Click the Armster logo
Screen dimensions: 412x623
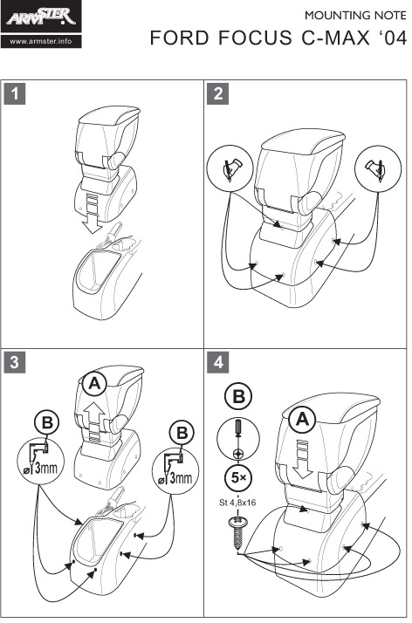41,17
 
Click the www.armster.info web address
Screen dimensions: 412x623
41,41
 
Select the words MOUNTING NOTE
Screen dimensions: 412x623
355,16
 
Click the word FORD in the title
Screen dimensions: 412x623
179,38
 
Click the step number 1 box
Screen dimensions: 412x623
15,93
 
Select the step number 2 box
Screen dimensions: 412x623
217,93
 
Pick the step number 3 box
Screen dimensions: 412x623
15,362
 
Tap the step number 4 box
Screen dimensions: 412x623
217,362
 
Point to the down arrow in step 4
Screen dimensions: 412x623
302,460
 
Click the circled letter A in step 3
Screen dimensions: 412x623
94,384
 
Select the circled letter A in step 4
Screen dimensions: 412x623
302,420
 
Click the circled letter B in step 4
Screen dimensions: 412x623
238,397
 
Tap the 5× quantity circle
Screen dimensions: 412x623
238,477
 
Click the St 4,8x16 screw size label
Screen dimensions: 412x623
237,503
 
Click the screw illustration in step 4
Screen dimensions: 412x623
237,531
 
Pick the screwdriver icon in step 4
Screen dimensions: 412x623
238,437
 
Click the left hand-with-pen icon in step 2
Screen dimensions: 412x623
230,168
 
